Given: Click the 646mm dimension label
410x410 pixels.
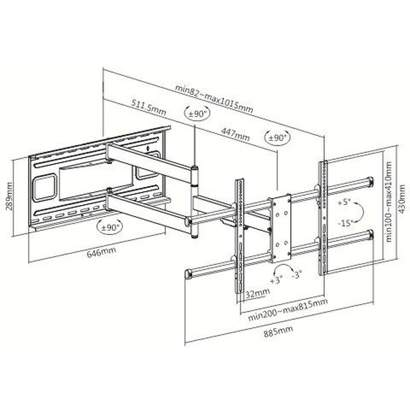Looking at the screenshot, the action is [x=101, y=251].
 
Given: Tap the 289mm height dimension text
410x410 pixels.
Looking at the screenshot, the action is [x=9, y=196].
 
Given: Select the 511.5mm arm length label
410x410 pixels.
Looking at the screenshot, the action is [x=148, y=107].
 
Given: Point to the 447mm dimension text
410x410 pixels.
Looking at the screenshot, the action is [x=235, y=134].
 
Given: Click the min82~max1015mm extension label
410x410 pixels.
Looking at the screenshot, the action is [x=214, y=98].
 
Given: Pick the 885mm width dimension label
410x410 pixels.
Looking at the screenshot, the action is [x=278, y=331].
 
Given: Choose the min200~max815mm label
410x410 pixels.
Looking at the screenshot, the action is [x=288, y=310].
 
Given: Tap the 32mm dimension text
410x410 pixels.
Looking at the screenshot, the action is [x=258, y=293].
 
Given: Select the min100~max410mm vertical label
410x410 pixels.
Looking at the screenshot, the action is [x=389, y=202].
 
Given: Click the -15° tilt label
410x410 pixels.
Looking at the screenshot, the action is [x=345, y=223].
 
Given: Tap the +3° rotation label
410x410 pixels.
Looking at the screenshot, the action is [x=277, y=280].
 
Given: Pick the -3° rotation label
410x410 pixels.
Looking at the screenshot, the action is [x=297, y=275].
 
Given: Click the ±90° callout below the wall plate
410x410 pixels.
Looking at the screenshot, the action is [x=109, y=227].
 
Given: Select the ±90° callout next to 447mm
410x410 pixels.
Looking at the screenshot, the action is [x=277, y=137].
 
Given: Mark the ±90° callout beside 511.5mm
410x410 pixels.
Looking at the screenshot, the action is [x=197, y=113].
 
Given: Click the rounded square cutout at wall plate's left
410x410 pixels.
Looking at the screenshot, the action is [x=44, y=188].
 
